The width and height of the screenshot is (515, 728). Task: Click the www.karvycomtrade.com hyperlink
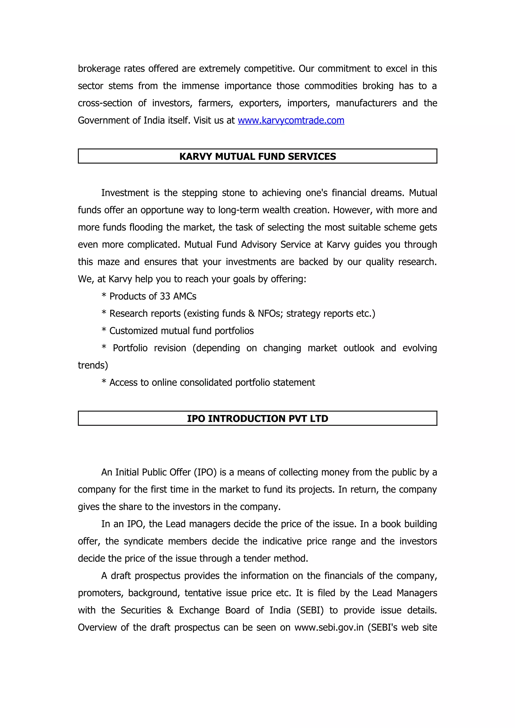click(291, 121)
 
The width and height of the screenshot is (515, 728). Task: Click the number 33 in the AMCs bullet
click(165, 296)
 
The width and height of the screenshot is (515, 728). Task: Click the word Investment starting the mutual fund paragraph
click(125, 193)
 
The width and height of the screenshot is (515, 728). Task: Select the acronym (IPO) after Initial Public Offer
click(205, 472)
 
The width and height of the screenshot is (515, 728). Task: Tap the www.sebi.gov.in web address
click(329, 628)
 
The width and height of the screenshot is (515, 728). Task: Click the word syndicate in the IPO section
click(143, 541)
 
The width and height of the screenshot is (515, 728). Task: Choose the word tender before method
click(257, 558)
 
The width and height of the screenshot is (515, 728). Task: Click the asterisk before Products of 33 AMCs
click(104, 296)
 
